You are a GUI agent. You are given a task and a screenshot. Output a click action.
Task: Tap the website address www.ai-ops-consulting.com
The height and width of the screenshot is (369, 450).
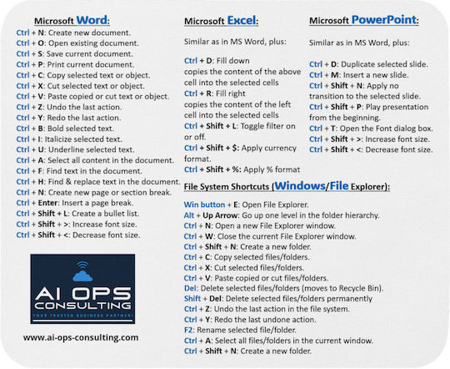[x=81, y=337]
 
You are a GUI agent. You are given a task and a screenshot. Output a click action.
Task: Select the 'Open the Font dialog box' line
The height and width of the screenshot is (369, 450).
[x=372, y=128]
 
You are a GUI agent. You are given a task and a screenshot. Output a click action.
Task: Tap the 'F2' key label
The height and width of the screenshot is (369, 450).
[x=189, y=331]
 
